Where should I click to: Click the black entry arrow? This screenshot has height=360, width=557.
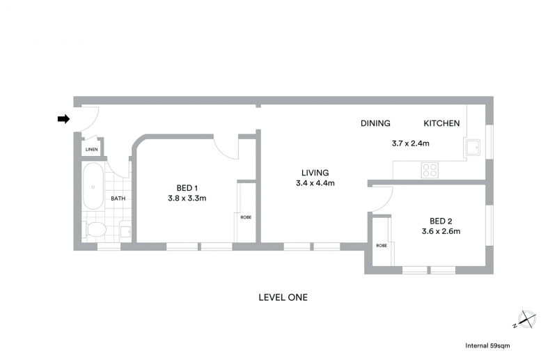[63, 119]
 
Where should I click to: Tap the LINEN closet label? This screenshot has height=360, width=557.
[92, 150]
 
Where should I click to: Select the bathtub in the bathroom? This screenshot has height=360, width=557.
[93, 186]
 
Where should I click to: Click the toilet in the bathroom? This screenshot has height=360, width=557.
[94, 229]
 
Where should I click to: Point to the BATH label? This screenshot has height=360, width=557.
[118, 198]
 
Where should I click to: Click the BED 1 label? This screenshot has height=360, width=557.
[187, 188]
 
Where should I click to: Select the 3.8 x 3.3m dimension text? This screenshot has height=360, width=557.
[187, 198]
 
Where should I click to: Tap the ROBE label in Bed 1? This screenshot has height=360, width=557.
[246, 217]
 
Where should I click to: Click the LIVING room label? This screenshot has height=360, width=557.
[315, 173]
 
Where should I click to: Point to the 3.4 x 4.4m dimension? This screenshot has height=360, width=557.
[315, 183]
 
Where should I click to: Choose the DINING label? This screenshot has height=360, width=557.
[375, 123]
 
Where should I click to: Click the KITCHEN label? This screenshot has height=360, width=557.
[441, 123]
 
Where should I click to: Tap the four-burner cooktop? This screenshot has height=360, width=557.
[430, 170]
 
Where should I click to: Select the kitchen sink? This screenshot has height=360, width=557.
[473, 148]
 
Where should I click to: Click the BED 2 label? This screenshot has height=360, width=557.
[441, 221]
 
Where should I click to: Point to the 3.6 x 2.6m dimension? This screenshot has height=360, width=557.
[441, 231]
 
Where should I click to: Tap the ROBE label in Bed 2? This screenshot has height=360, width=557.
[382, 246]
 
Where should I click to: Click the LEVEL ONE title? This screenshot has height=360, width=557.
[283, 297]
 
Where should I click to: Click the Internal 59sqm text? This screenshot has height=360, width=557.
[487, 345]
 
